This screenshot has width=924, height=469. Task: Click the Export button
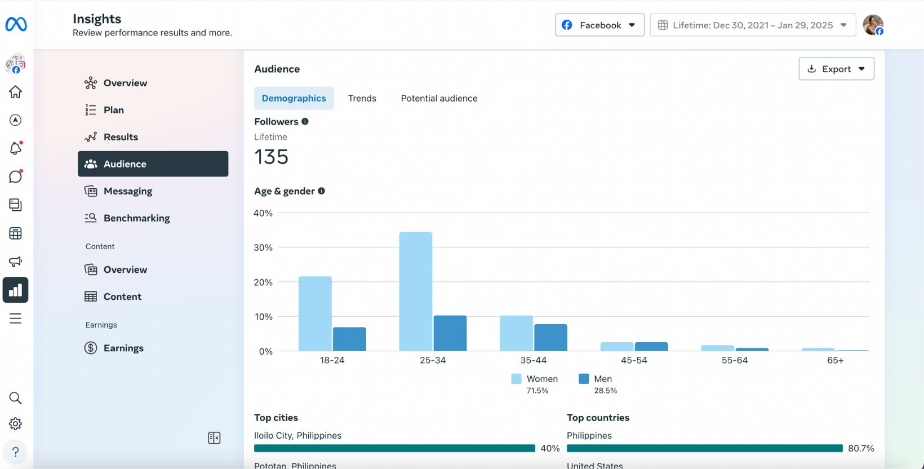tap(836, 69)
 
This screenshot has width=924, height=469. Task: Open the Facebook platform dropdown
tap(599, 25)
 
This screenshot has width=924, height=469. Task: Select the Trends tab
tap(362, 98)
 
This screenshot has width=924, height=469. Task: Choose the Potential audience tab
tap(439, 98)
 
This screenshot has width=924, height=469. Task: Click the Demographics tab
tap(294, 98)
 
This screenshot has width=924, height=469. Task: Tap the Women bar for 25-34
tap(416, 291)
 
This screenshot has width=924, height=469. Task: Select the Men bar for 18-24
tap(349, 339)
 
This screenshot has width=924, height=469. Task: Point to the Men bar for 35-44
tap(550, 337)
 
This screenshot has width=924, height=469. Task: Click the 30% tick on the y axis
tap(263, 247)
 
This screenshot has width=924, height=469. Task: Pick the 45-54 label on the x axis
tap(634, 360)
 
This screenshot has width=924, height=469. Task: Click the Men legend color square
tap(584, 379)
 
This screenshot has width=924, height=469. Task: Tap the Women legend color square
tap(516, 379)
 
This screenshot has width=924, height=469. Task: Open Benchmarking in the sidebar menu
tap(136, 218)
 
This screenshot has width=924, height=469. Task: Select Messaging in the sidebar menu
tap(128, 191)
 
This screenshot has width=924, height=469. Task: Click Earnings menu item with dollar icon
tap(123, 348)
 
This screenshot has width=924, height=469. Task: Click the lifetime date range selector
tap(752, 25)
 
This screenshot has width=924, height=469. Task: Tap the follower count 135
tap(271, 157)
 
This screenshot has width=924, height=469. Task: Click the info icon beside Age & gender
tap(321, 191)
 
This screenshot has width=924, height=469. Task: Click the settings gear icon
tap(15, 424)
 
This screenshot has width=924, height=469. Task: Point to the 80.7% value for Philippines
tap(861, 448)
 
